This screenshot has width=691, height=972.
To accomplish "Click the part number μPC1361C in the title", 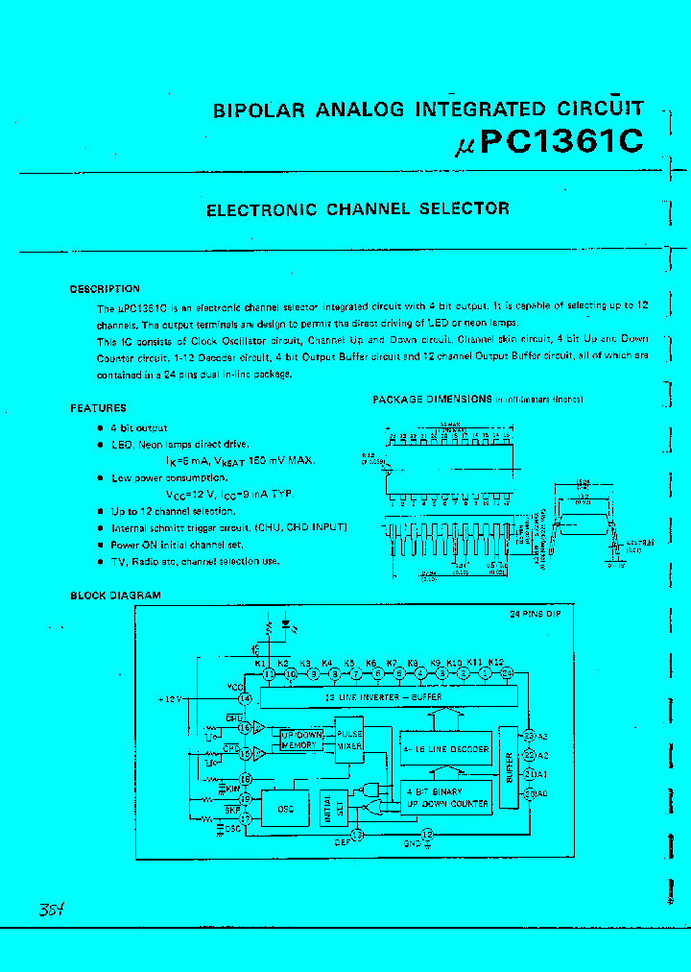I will click(x=547, y=141).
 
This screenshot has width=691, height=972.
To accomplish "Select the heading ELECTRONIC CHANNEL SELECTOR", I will click(x=358, y=208).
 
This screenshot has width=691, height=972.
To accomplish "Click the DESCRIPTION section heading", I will click(x=105, y=289).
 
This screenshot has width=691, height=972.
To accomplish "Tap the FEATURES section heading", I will click(x=98, y=408).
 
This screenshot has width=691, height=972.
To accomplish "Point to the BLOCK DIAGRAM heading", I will click(x=115, y=595).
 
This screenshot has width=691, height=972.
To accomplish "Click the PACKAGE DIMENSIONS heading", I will click(x=432, y=399).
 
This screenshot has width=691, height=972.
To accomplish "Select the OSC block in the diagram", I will click(x=286, y=809).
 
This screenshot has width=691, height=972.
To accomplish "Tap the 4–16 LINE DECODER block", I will click(x=445, y=749).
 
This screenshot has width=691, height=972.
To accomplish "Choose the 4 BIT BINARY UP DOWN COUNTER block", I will click(x=446, y=797).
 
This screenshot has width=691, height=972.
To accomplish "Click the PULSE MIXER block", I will click(x=348, y=738).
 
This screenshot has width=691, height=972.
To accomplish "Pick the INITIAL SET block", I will click(x=327, y=808).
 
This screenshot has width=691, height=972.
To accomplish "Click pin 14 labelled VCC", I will click(x=246, y=698).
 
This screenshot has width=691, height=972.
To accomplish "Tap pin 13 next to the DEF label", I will click(x=358, y=835).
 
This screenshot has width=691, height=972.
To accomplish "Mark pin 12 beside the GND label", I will click(x=428, y=835).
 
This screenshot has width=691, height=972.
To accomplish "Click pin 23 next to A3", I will click(x=528, y=736).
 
